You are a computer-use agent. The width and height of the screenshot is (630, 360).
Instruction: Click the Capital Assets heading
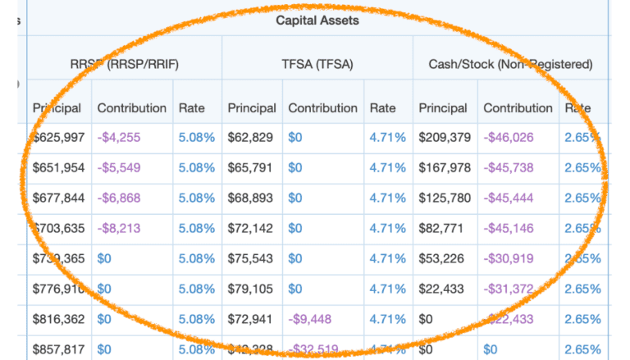pyautogui.click(x=317, y=20)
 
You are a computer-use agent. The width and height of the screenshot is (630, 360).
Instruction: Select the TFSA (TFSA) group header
pyautogui.click(x=317, y=63)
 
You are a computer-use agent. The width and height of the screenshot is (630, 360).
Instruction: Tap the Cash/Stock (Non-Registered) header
pyautogui.click(x=510, y=63)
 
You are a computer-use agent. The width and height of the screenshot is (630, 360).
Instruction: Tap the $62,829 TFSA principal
pyautogui.click(x=252, y=137)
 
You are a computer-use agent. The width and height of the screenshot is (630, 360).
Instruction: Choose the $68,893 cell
pyautogui.click(x=252, y=198)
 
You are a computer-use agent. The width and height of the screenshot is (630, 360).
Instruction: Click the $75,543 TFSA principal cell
pyautogui.click(x=252, y=258)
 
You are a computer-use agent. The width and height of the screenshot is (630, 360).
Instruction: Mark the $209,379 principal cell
pyautogui.click(x=445, y=137)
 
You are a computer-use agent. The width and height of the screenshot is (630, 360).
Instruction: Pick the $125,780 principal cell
pyautogui.click(x=445, y=198)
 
